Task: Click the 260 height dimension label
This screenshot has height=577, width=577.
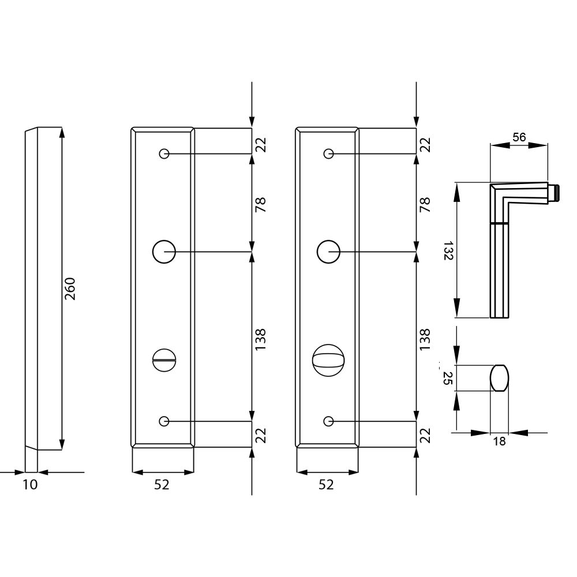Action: [x=70, y=288]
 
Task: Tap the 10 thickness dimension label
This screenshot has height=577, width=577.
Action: [x=30, y=485]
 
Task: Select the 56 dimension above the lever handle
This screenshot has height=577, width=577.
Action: [x=519, y=137]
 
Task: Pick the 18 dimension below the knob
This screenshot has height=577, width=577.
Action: [x=500, y=442]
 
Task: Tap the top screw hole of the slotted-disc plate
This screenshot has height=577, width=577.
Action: [x=164, y=154]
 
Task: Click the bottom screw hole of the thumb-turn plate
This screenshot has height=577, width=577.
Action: [x=328, y=421]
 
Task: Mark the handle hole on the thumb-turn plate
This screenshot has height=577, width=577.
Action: [x=328, y=252]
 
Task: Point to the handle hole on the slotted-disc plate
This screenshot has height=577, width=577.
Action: [x=164, y=252]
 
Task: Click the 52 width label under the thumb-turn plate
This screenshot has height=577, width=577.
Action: [x=326, y=485]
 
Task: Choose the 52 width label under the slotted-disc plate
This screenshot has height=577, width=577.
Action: [x=162, y=485]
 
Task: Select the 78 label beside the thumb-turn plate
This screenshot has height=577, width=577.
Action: [x=425, y=204]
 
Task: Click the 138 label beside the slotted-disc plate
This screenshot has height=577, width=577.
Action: [x=260, y=340]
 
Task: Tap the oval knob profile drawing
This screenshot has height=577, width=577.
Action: [x=500, y=378]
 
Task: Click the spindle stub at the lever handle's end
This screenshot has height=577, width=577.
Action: [x=554, y=193]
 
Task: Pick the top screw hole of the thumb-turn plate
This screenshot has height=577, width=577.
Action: [x=328, y=154]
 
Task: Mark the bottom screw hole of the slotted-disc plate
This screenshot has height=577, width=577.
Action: [x=164, y=421]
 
